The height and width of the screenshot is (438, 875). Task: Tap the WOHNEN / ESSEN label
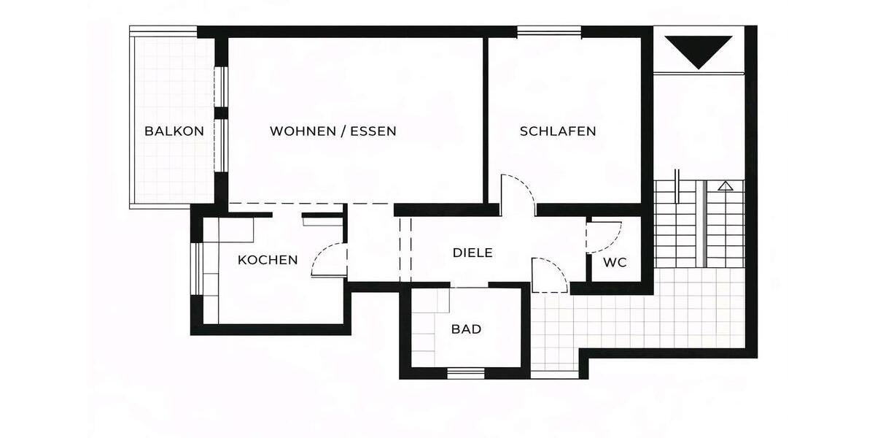click(333, 131)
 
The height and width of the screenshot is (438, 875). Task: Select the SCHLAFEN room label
click(558, 131)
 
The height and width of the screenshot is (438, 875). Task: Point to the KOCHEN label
click(268, 260)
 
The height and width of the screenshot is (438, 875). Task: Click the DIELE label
click(473, 253)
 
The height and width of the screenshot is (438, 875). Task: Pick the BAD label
click(466, 329)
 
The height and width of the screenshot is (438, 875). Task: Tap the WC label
click(615, 263)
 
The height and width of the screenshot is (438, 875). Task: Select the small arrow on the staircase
click(724, 186)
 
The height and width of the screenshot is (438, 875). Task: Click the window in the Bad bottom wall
click(466, 374)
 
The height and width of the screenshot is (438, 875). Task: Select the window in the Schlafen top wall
click(549, 31)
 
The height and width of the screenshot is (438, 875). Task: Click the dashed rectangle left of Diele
click(405, 248)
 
